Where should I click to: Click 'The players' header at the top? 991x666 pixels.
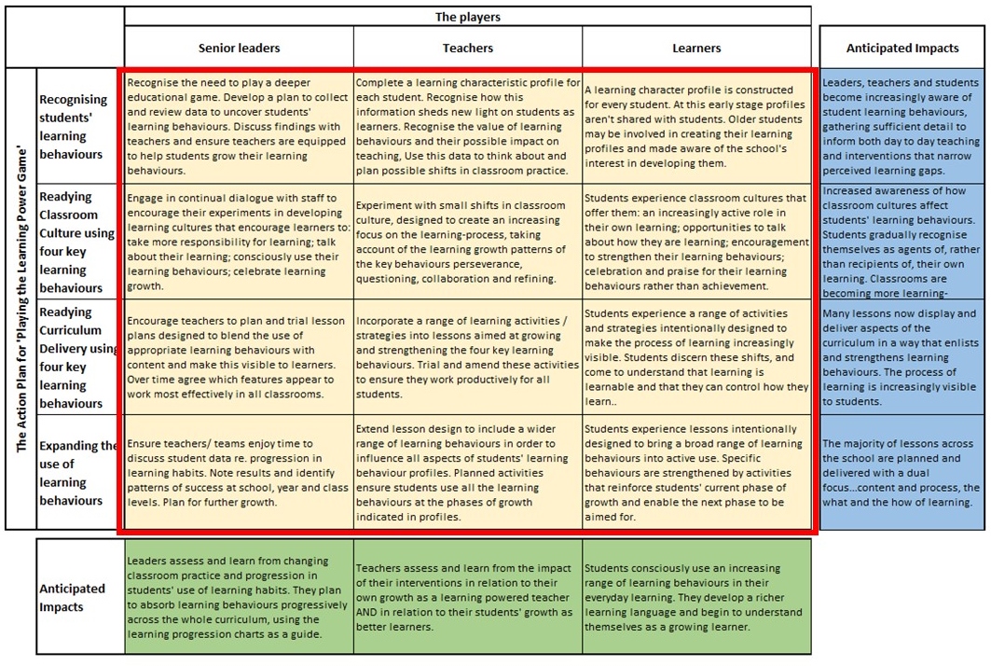pos(467,17)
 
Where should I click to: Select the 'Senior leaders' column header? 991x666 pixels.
pos(239,48)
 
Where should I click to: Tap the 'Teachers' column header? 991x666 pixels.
pos(468,48)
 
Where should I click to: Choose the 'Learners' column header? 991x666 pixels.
pos(696,48)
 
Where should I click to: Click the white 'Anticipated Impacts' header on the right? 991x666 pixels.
pos(902,48)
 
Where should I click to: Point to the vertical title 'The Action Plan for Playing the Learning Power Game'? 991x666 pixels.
pos(21,298)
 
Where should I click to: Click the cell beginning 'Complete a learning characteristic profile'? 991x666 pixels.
pos(468,126)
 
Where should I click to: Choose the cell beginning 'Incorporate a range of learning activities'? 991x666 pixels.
pos(468,357)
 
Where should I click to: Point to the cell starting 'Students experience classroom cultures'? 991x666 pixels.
pos(697,242)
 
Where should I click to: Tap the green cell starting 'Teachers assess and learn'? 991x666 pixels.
pos(468,597)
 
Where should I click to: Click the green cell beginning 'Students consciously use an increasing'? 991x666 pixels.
pos(697,597)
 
